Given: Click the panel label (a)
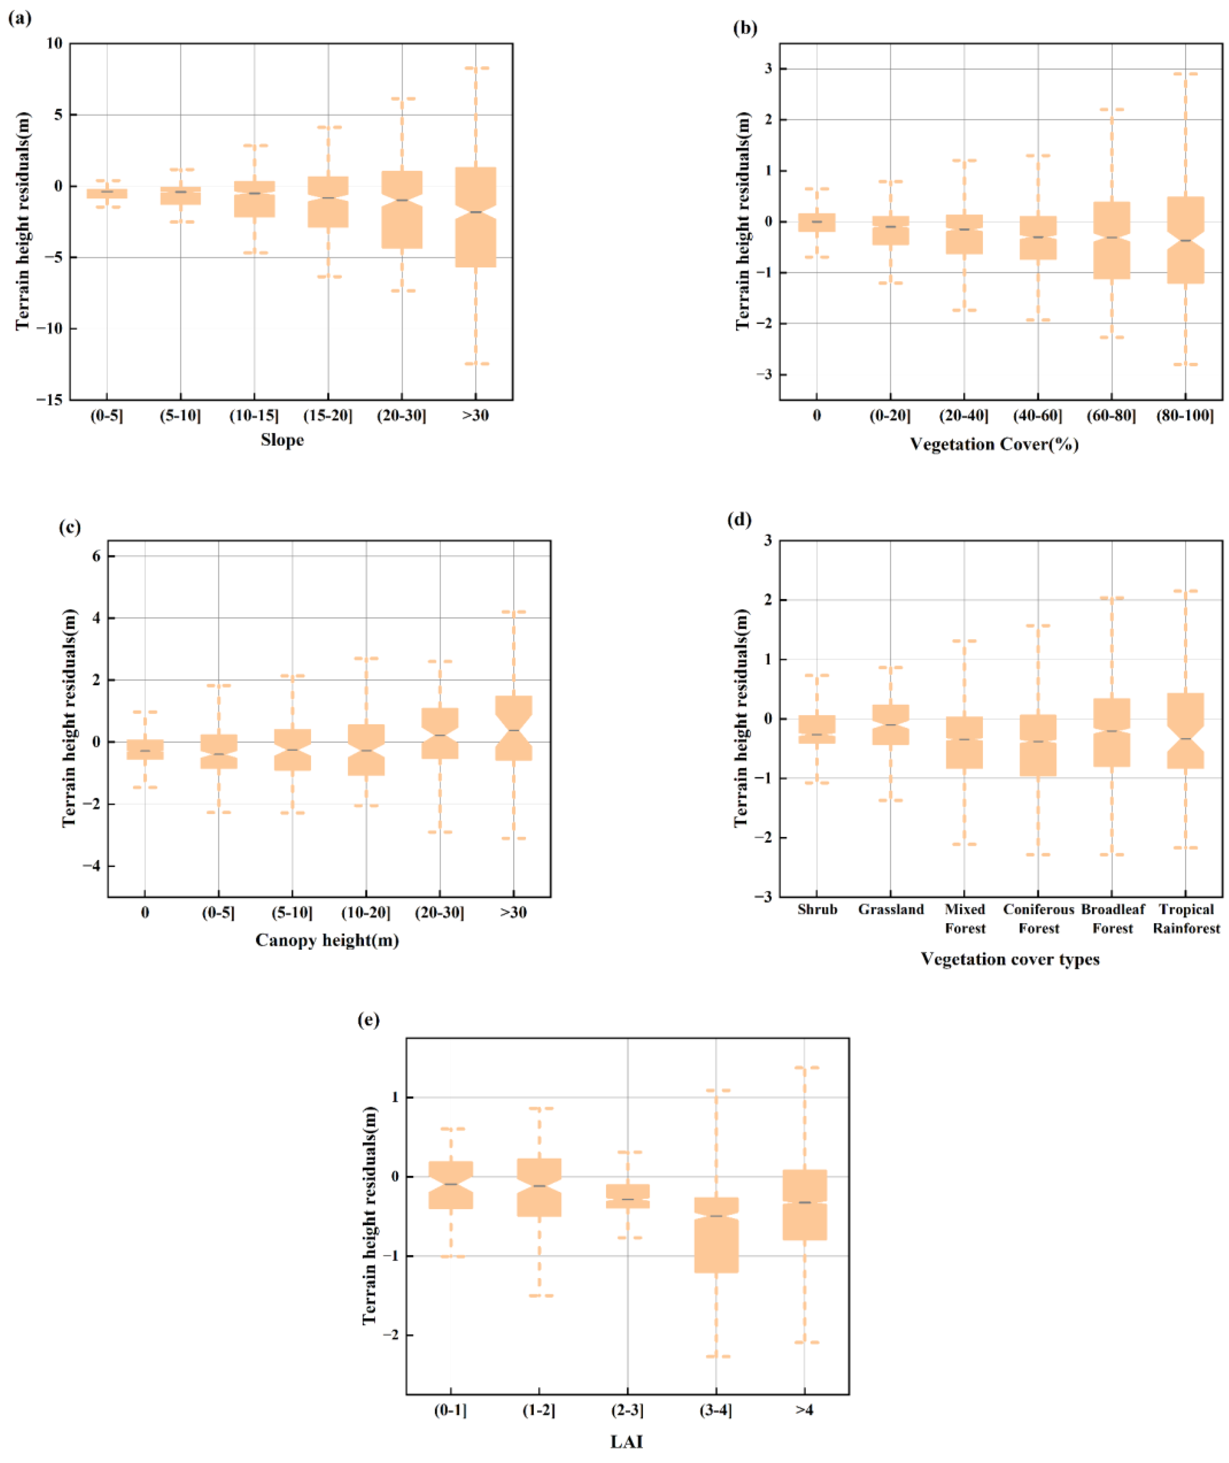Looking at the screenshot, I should click(19, 19).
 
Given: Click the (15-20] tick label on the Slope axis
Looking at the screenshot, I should click(328, 416).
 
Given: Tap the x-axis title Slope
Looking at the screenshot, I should click(282, 441).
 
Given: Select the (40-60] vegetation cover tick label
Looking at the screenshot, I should click(1038, 416).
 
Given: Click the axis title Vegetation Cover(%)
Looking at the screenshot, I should click(994, 445).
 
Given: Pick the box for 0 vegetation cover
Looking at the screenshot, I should click(817, 222).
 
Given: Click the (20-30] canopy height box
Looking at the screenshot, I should click(439, 733).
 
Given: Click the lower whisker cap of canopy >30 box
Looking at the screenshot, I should click(514, 839).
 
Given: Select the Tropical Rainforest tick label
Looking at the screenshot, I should click(1186, 918).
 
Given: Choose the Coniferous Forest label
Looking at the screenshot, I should click(1038, 918).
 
